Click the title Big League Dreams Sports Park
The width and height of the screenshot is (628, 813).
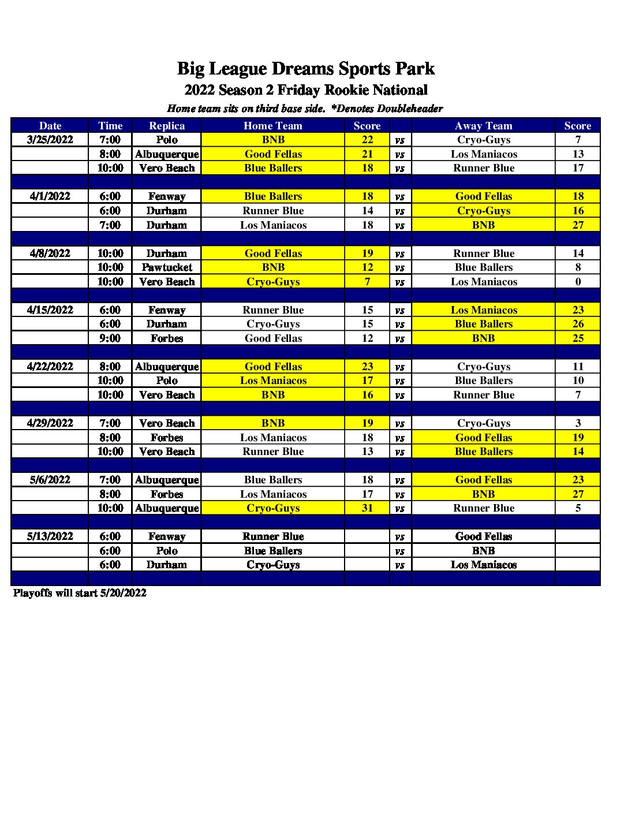pyautogui.click(x=305, y=69)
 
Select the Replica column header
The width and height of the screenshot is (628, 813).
pyautogui.click(x=167, y=126)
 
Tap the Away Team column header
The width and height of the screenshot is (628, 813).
pyautogui.click(x=483, y=126)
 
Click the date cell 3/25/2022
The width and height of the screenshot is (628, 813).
pyautogui.click(x=50, y=140)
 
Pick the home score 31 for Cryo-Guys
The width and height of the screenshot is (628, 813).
pyautogui.click(x=367, y=508)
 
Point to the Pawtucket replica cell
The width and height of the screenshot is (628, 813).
pyautogui.click(x=167, y=267)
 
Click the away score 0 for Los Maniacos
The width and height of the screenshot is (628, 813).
pyautogui.click(x=578, y=282)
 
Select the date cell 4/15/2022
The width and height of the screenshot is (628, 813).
pyautogui.click(x=50, y=310)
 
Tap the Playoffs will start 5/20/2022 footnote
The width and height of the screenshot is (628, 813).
pyautogui.click(x=80, y=593)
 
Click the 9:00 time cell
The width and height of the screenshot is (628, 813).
pyautogui.click(x=110, y=338)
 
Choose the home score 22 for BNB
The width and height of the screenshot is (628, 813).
pyautogui.click(x=367, y=140)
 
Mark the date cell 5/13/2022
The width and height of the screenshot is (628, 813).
pyautogui.click(x=50, y=536)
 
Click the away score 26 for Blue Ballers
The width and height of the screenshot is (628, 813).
pyautogui.click(x=578, y=324)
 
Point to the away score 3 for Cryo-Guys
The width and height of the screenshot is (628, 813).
pyautogui.click(x=578, y=423)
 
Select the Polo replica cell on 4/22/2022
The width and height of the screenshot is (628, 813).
pyautogui.click(x=167, y=381)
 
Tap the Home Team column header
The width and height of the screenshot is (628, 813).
pyautogui.click(x=273, y=126)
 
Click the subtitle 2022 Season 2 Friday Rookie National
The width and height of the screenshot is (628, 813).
pyautogui.click(x=306, y=90)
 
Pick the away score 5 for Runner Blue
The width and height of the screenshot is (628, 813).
pyautogui.click(x=578, y=508)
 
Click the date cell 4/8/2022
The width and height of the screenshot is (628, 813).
pyautogui.click(x=50, y=253)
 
